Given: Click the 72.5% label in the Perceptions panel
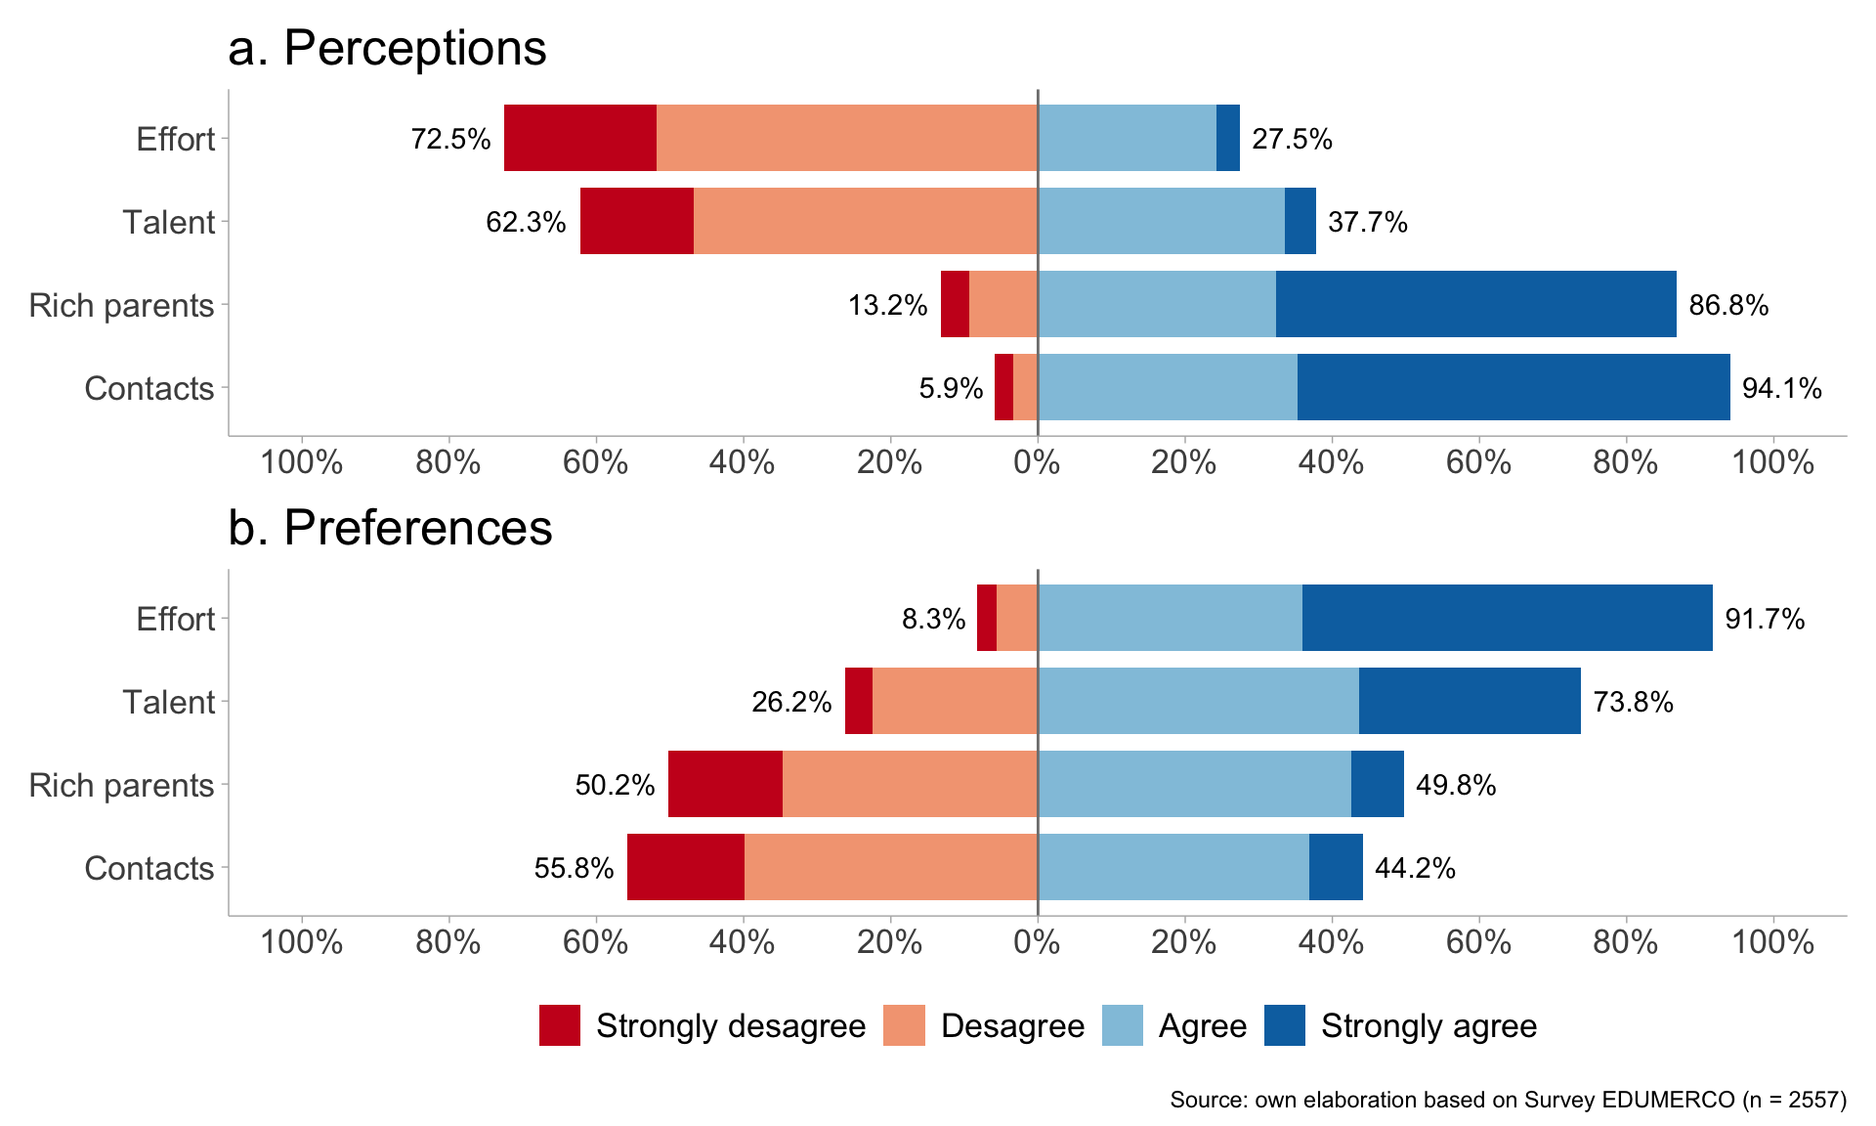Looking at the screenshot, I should coord(450,139).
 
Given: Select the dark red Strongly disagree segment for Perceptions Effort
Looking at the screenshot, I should coord(580,138).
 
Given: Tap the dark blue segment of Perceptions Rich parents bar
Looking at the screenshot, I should coord(1475,304).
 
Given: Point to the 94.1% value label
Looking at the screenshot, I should coord(1781,388).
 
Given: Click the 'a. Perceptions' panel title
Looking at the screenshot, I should coord(387,48).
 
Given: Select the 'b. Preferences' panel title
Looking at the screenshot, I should coord(390,528).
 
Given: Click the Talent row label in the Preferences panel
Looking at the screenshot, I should coord(168,702).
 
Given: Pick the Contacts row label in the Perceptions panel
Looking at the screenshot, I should coord(149,388).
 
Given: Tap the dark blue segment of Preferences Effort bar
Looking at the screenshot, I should coord(1507,618).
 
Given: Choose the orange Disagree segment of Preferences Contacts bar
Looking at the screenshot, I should coord(890,867).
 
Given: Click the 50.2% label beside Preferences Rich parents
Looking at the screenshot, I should coord(615,785).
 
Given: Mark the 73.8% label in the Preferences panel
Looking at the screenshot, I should coord(1633,702).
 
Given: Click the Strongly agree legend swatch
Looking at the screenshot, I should coord(1284,1025).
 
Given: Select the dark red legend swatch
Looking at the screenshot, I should coord(560,1025).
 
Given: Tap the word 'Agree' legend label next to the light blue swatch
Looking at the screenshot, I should coord(1203,1026).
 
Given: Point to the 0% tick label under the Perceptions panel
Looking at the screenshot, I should coord(1037,461).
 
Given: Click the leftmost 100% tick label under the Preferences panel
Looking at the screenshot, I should coord(302,942).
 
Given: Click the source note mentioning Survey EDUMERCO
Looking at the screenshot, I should coord(1508,1100).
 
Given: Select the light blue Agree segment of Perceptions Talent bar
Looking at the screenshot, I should coord(1161,221).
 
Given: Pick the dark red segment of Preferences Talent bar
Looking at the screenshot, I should coord(859,701).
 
